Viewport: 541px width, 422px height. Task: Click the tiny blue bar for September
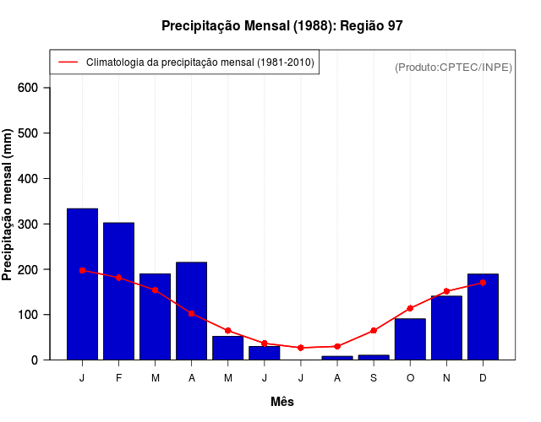click(x=374, y=357)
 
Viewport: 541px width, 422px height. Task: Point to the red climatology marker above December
click(x=483, y=283)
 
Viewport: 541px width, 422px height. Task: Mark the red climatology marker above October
click(x=410, y=308)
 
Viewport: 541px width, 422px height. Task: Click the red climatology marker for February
click(x=118, y=278)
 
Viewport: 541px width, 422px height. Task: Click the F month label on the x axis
click(x=118, y=378)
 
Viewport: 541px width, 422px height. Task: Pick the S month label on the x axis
click(x=374, y=378)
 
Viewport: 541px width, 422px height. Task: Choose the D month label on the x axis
click(x=483, y=378)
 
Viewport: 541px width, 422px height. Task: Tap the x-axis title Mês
click(x=282, y=402)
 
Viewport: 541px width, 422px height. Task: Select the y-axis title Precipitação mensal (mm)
click(x=8, y=205)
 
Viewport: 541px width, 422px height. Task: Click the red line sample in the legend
click(x=68, y=62)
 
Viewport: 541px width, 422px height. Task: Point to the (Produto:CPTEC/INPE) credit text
click(x=453, y=67)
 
